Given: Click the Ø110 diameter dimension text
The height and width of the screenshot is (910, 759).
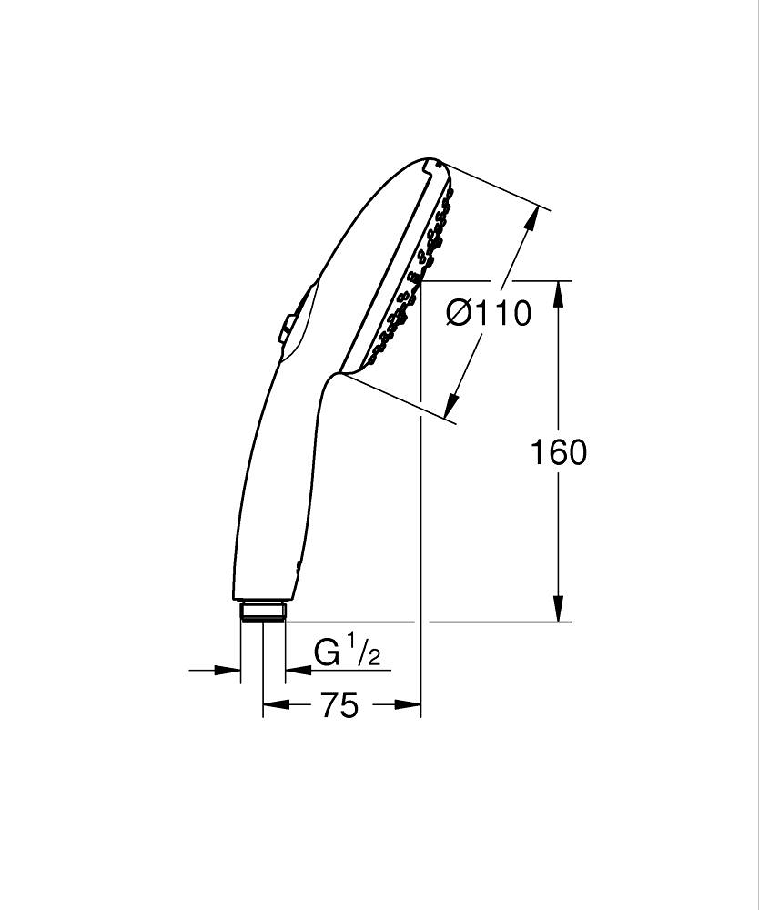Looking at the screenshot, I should (489, 314).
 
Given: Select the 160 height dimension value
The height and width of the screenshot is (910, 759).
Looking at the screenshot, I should (559, 452).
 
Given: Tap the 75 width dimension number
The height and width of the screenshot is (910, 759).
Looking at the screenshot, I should (339, 705).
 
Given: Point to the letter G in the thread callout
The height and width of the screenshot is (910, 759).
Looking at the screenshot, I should (327, 653).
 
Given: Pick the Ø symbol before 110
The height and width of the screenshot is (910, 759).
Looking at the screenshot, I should (460, 314).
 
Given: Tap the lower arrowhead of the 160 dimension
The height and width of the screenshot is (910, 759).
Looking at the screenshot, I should (559, 610).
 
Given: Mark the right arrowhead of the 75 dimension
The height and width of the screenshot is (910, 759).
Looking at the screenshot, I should (409, 704).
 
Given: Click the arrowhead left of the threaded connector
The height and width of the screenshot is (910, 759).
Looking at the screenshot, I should (228, 671).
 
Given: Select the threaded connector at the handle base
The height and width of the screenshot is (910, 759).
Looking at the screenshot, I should (263, 611).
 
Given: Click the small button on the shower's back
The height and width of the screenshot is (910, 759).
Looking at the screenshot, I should (287, 329).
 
